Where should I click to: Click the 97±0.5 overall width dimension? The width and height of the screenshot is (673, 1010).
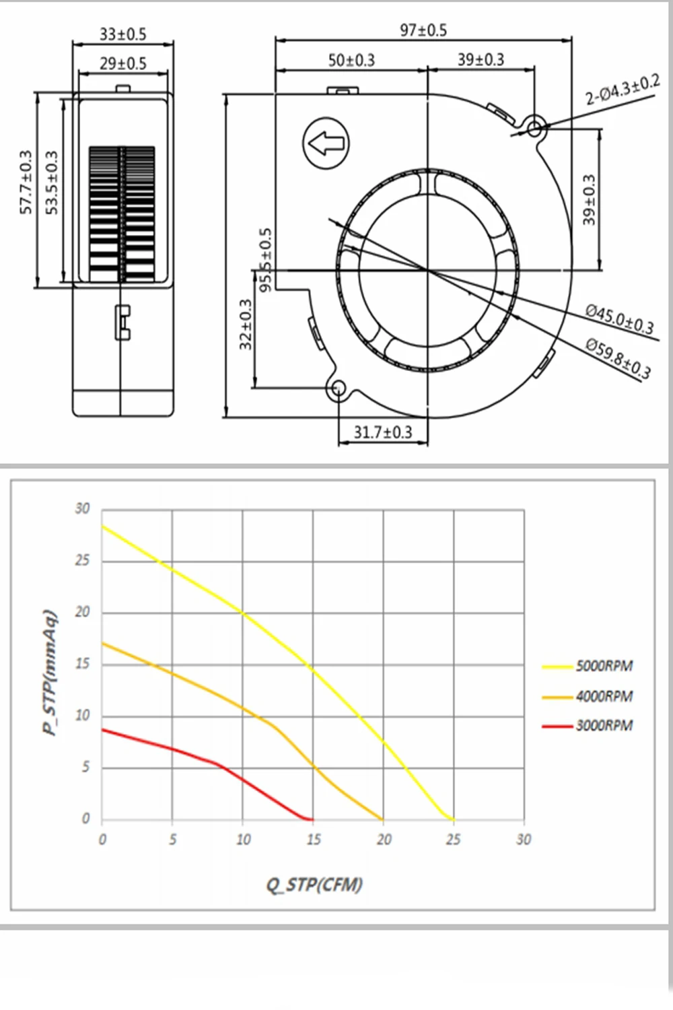tap(423, 30)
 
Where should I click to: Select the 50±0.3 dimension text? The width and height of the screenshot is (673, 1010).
tap(351, 60)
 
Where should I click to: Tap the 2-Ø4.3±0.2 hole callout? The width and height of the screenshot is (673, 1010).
tap(622, 90)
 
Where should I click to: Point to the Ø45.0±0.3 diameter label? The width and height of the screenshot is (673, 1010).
tap(619, 318)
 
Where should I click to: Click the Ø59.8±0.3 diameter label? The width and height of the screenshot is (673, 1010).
tap(618, 358)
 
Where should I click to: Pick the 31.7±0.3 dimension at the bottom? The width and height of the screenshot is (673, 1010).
tap(383, 432)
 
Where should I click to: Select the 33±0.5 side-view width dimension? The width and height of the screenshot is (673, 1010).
tap(122, 34)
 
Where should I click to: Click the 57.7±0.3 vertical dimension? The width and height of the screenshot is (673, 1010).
tap(26, 182)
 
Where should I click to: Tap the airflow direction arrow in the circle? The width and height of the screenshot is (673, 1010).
tap(326, 143)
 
